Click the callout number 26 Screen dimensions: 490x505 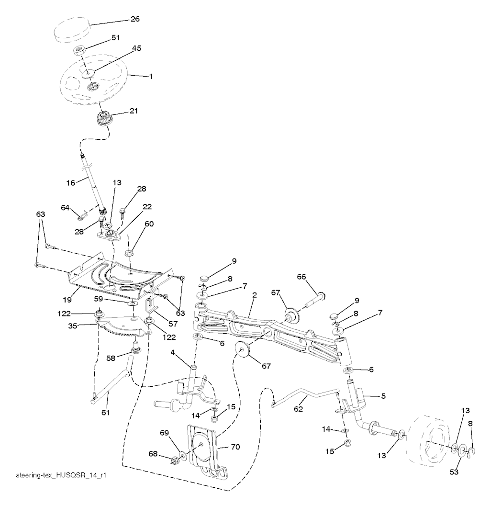(135, 19)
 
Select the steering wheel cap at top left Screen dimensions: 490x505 (71, 31)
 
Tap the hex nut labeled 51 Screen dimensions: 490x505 (78, 50)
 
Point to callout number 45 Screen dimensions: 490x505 (136, 48)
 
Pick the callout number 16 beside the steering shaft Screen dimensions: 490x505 (70, 183)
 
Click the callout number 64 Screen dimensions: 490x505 (65, 208)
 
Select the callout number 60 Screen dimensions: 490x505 (149, 224)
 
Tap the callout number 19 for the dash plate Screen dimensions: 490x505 (67, 300)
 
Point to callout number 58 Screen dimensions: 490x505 (111, 358)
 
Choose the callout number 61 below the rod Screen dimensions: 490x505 (106, 412)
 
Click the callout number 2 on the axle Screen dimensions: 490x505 (255, 295)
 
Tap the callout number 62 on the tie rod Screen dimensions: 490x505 (299, 409)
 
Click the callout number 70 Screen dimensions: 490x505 (235, 447)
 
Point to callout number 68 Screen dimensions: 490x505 (153, 453)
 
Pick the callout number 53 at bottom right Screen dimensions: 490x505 (454, 472)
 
